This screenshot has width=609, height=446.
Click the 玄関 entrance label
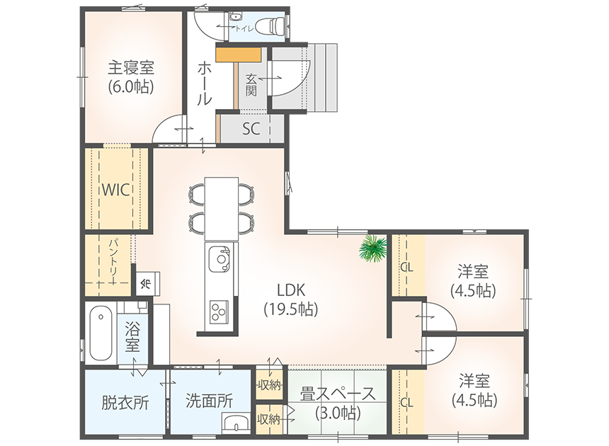coord(251,85)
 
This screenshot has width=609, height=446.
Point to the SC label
coord(251,129)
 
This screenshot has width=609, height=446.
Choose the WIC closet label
coord(115,190)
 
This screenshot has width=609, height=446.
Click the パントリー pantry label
coord(113,257)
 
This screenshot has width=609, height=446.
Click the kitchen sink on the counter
coord(220,259)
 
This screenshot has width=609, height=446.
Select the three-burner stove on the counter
coord(220,311)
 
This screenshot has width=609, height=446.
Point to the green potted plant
coord(373,248)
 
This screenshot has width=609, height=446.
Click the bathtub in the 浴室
coord(101,333)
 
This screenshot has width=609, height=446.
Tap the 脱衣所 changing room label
coord(125,402)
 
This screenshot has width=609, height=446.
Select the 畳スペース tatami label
coord(338,395)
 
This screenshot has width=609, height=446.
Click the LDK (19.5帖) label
coord(291,299)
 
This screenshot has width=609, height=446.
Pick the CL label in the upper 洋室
coord(406,268)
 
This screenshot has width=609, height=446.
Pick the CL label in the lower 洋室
coord(406,403)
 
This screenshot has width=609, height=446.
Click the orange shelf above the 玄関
coord(238,54)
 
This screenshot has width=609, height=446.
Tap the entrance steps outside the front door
coord(323,77)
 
